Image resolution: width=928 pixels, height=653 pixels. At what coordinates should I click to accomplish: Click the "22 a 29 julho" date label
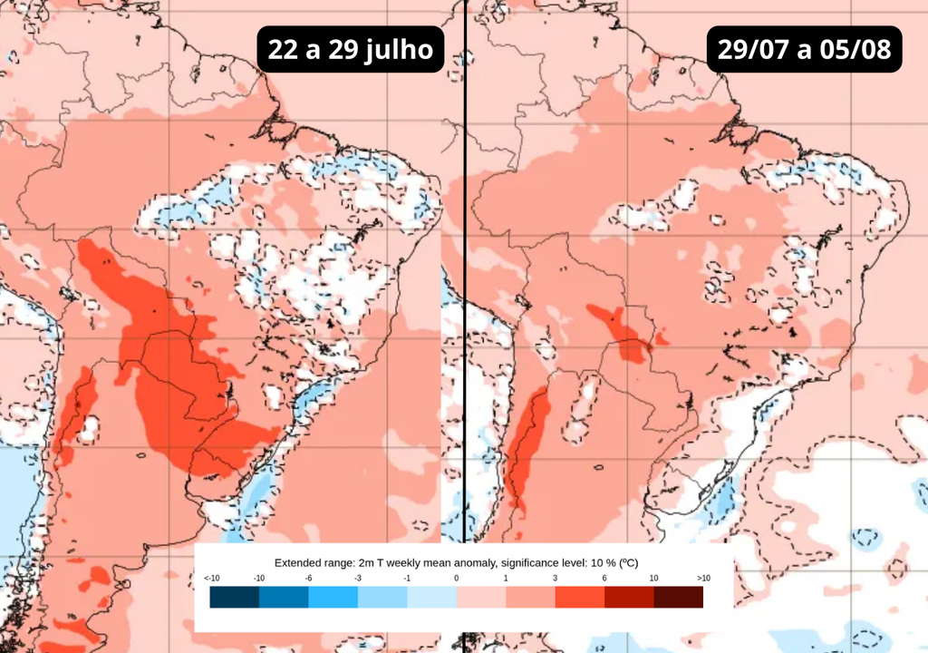(351, 49)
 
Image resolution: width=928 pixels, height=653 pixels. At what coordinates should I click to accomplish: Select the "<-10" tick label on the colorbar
(211, 578)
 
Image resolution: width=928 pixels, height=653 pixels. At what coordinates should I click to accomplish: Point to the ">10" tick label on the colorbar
(702, 578)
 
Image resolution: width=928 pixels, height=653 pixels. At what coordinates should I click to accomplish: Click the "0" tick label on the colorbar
(456, 578)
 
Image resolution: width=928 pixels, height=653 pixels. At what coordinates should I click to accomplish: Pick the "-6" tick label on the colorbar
(308, 578)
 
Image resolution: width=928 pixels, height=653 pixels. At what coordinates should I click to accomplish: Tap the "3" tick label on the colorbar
(555, 578)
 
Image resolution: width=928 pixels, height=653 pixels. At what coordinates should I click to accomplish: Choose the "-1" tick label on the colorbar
(406, 578)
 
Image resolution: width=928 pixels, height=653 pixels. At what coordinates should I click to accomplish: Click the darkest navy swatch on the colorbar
(235, 597)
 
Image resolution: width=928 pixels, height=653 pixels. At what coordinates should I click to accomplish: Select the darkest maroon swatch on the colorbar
(678, 597)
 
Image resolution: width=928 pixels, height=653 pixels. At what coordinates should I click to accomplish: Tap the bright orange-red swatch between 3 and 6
(579, 597)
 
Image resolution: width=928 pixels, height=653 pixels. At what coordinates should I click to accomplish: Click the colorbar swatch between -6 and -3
(333, 597)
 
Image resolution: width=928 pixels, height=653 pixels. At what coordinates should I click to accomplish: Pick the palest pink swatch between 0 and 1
(480, 597)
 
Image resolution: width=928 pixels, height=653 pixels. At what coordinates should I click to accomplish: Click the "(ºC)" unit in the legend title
(629, 562)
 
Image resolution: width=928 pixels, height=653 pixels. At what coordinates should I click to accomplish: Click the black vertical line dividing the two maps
(465, 272)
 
